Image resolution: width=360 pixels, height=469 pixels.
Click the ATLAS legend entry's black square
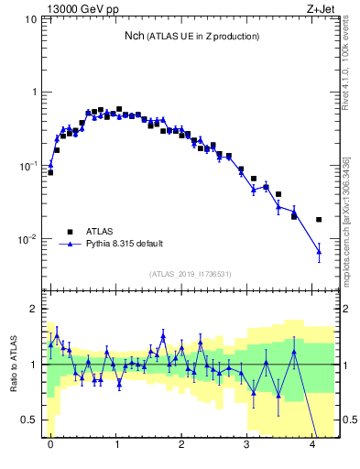pos(69,232)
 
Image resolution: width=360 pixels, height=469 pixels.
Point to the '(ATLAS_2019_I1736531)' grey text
pos(191,274)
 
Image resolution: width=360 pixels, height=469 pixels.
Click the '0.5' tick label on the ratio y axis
pos(32,420)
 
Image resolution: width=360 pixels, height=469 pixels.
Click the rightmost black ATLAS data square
pos(319,220)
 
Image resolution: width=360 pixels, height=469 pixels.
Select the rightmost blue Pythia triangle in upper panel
pos(319,251)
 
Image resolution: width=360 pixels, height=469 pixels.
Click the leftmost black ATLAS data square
pos(50,172)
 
